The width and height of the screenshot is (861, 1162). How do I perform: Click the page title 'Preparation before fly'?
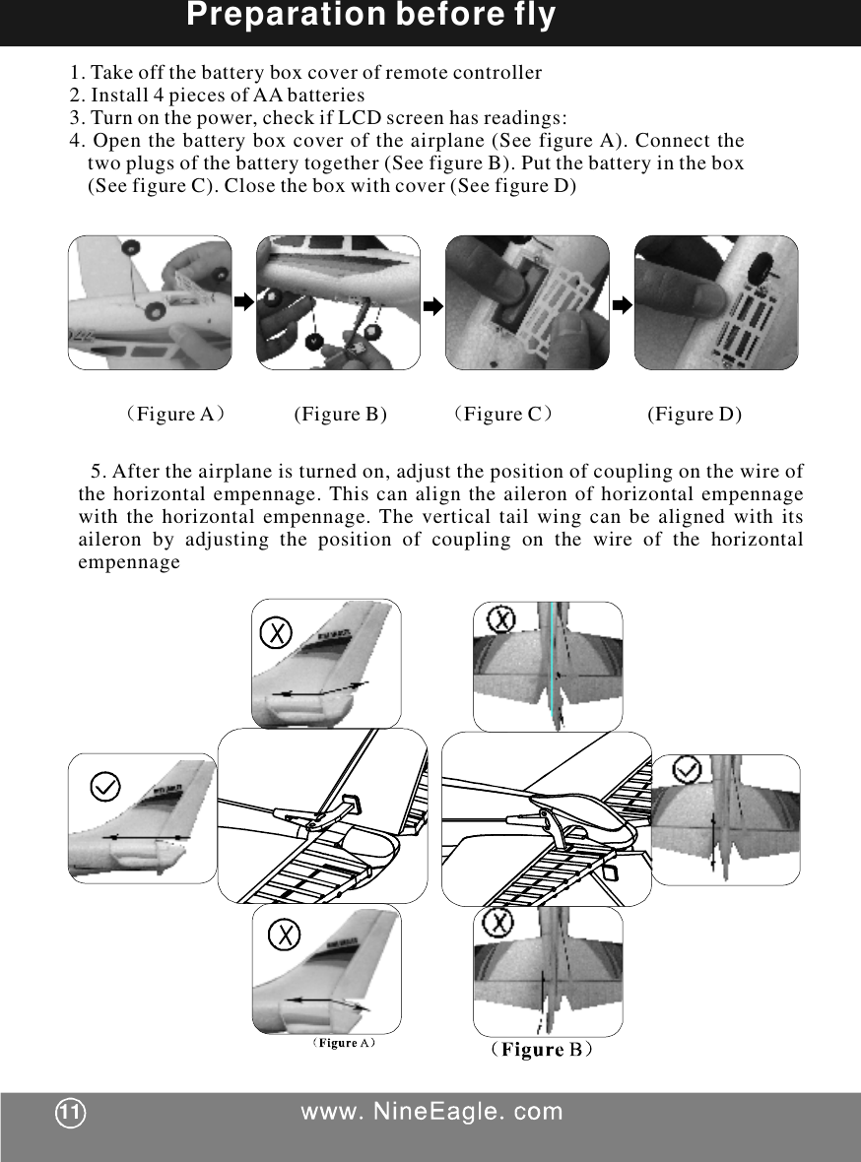(x=370, y=17)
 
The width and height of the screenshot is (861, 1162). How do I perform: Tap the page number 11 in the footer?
(x=70, y=1113)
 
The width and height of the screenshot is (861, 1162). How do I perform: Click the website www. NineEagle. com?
(x=431, y=1113)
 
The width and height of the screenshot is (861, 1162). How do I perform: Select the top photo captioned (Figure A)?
(x=150, y=302)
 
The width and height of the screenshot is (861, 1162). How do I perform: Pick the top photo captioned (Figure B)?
(x=338, y=302)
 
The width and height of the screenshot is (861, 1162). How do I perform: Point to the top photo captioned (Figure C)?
(x=527, y=302)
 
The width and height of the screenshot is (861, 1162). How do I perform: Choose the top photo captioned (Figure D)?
(x=716, y=302)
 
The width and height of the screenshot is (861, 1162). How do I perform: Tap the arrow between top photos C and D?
(x=622, y=305)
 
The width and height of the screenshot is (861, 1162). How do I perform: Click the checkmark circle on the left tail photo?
(x=105, y=786)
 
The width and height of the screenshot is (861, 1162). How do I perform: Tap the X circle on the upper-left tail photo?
(x=278, y=631)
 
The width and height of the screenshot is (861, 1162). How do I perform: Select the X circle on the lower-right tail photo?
(x=500, y=923)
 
